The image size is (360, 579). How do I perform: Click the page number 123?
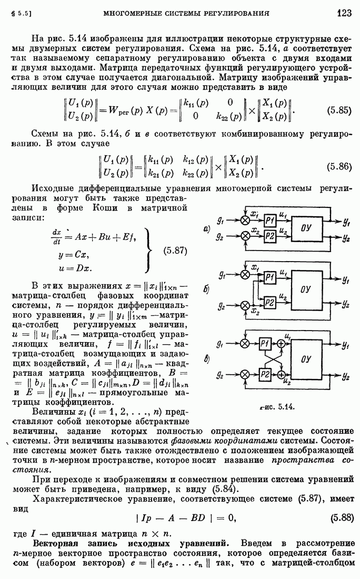(x=344, y=13)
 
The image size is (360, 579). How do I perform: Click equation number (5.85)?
(x=339, y=111)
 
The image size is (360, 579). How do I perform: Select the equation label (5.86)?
(x=339, y=166)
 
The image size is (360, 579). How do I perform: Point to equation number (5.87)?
(x=175, y=251)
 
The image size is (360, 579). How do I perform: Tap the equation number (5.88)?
(x=342, y=517)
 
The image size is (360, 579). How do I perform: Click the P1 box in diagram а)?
(x=270, y=221)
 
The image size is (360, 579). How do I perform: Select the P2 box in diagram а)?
(x=270, y=236)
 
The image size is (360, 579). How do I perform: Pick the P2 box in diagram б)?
(x=269, y=303)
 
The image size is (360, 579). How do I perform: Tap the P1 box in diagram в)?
(x=265, y=344)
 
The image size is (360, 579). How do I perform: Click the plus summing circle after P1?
(x=282, y=344)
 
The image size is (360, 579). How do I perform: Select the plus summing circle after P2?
(x=282, y=375)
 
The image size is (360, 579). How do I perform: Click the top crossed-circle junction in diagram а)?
(x=245, y=221)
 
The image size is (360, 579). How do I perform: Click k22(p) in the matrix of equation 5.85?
(x=229, y=116)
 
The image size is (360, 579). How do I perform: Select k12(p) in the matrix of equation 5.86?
(x=196, y=160)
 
